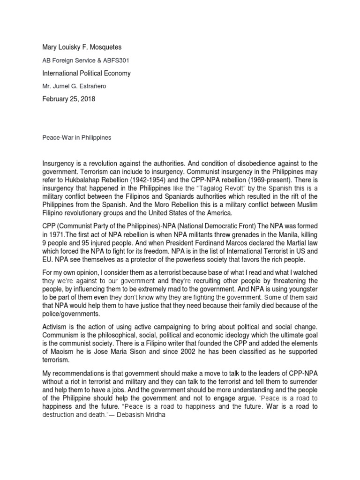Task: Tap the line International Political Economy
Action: click(87, 73)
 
